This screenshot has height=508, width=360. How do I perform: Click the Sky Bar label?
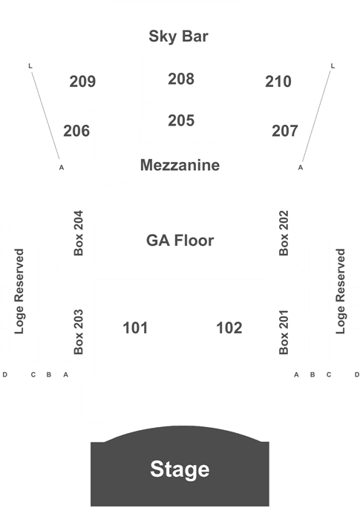coord(178,36)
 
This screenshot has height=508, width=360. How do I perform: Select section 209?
coord(82,81)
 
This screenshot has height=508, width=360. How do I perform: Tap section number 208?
coord(181,79)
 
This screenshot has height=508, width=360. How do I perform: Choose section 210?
coord(278,81)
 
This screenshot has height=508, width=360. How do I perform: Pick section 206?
coord(76,131)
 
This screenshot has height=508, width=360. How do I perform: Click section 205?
coord(181,120)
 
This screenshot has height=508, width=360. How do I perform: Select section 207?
coord(284,131)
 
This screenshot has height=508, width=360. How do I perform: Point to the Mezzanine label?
coord(180,165)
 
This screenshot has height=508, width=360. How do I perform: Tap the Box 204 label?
coord(79,233)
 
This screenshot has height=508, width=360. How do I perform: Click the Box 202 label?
coord(284,233)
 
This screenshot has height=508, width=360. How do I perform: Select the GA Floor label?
coord(180,241)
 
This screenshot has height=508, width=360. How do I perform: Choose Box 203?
coord(79,332)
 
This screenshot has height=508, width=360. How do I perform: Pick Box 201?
coord(284,332)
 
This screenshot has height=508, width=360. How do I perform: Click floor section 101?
coord(135,328)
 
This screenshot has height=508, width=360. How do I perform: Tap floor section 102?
coord(229,328)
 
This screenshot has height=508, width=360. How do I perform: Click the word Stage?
coord(180,469)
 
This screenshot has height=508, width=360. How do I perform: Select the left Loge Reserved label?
coord(19,291)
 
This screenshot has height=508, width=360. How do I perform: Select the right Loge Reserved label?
coord(341,291)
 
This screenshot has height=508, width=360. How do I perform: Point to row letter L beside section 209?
coord(30,66)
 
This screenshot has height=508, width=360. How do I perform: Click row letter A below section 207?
coord(301,168)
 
